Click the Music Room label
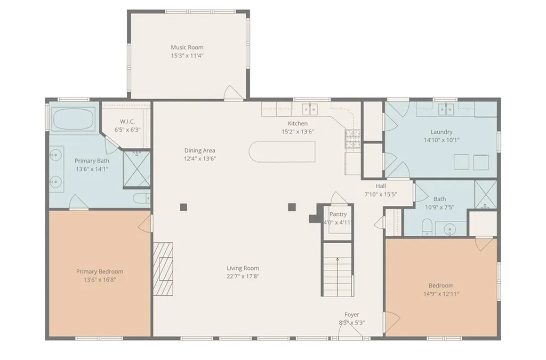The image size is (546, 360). pyautogui.click(x=187, y=47)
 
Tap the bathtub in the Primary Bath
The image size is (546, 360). pyautogui.click(x=73, y=119)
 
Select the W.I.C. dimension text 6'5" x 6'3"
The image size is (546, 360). pyautogui.click(x=127, y=130)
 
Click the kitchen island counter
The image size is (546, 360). pyautogui.click(x=282, y=151)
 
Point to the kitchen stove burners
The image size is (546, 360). pyautogui.click(x=353, y=139)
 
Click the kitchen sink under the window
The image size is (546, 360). pyautogui.click(x=310, y=109)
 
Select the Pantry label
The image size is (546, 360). pyautogui.click(x=338, y=214)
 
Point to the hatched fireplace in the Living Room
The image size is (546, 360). pyautogui.click(x=163, y=264)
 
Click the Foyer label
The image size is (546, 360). pyautogui.click(x=352, y=314)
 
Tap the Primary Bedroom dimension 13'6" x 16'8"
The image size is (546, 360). pyautogui.click(x=100, y=279)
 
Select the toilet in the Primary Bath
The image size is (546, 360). pyautogui.click(x=141, y=198)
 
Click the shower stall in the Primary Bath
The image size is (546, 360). pyautogui.click(x=137, y=169)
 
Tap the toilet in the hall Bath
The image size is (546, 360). pyautogui.click(x=427, y=227)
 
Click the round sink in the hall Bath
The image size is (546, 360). pyautogui.click(x=450, y=229)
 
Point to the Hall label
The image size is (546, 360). pyautogui.click(x=381, y=186)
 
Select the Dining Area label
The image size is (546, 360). pyautogui.click(x=199, y=150)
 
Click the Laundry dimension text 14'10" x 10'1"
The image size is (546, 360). pyautogui.click(x=441, y=140)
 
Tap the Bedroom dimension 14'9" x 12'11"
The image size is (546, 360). pyautogui.click(x=441, y=294)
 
